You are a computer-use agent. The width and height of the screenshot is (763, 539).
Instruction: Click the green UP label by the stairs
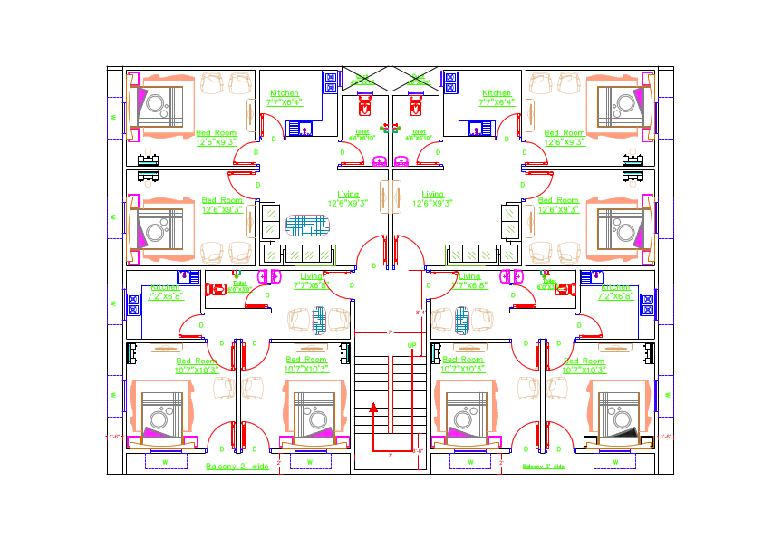click(411, 346)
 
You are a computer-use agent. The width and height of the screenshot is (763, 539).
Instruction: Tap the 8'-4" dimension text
click(420, 313)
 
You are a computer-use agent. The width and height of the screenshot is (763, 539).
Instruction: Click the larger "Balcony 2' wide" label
click(237, 467)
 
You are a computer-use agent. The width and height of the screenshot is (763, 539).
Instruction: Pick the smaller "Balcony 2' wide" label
click(544, 467)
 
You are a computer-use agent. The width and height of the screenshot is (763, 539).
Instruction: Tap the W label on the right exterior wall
click(667, 394)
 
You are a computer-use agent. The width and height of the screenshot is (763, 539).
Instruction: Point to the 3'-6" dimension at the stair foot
click(418, 450)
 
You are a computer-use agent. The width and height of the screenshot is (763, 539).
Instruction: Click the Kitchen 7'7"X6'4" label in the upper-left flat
click(284, 98)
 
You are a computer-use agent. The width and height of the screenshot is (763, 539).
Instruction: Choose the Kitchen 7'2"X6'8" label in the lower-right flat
click(620, 292)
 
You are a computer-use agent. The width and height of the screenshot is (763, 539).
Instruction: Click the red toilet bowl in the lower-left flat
click(217, 291)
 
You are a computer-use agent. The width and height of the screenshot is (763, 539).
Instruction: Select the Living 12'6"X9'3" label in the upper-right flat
click(433, 198)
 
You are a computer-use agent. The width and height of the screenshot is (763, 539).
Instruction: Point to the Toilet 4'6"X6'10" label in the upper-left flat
click(362, 134)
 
